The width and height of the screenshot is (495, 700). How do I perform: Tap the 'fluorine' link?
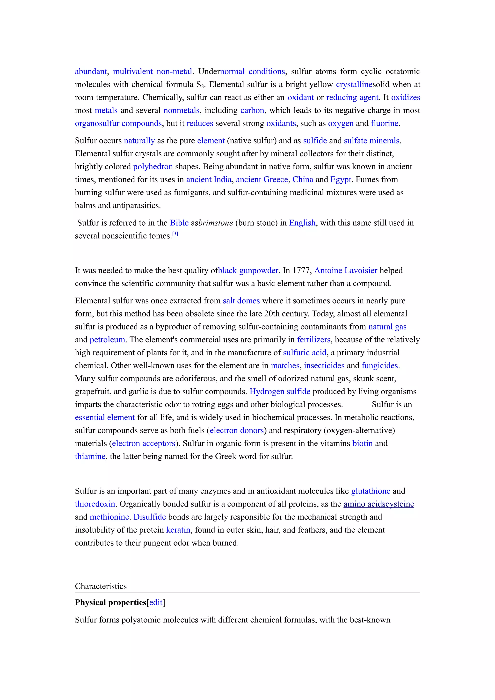point(384,123)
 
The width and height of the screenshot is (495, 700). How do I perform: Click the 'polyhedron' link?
point(153,167)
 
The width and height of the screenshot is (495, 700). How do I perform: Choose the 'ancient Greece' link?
point(262,179)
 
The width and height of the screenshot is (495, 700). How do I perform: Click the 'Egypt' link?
point(340,179)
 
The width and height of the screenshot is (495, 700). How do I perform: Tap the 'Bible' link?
point(179,223)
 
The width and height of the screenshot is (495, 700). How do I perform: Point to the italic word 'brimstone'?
point(216,223)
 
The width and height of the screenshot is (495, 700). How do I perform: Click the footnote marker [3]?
point(175,234)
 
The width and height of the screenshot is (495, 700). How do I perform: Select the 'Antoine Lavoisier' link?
point(346,271)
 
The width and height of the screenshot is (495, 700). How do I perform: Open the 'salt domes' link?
point(241,301)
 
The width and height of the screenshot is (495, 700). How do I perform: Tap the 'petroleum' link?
point(107,340)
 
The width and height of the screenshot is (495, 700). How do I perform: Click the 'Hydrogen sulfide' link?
point(280,392)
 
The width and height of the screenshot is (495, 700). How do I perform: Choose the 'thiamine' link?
point(90,457)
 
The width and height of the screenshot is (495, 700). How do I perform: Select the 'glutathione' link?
point(371,491)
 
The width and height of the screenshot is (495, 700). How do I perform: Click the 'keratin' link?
point(178,530)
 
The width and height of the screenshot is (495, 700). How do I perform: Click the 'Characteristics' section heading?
point(101,586)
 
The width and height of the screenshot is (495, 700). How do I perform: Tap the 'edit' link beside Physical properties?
point(156,602)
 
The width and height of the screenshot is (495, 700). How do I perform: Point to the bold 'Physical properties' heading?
point(110,602)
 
